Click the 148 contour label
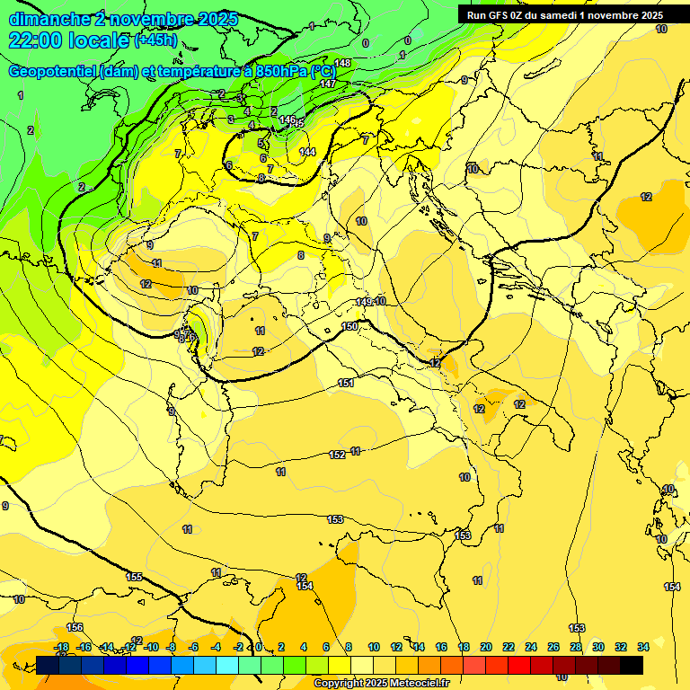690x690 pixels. pyautogui.click(x=342, y=63)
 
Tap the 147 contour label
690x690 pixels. pyautogui.click(x=328, y=84)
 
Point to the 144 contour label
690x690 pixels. pyautogui.click(x=307, y=152)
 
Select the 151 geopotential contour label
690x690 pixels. pyautogui.click(x=346, y=384)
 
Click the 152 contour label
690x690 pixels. pyautogui.click(x=337, y=455)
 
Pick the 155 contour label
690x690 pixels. pyautogui.click(x=135, y=577)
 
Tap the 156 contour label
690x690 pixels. pyautogui.click(x=75, y=627)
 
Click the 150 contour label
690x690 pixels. pyautogui.click(x=349, y=326)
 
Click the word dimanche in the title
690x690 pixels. pyautogui.click(x=49, y=19)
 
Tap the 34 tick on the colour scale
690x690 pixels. pyautogui.click(x=643, y=647)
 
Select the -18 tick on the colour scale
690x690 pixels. pyautogui.click(x=61, y=647)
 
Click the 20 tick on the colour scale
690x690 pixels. pyautogui.click(x=485, y=647)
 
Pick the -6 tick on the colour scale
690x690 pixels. pyautogui.click(x=192, y=647)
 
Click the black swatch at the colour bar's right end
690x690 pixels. pyautogui.click(x=632, y=665)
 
